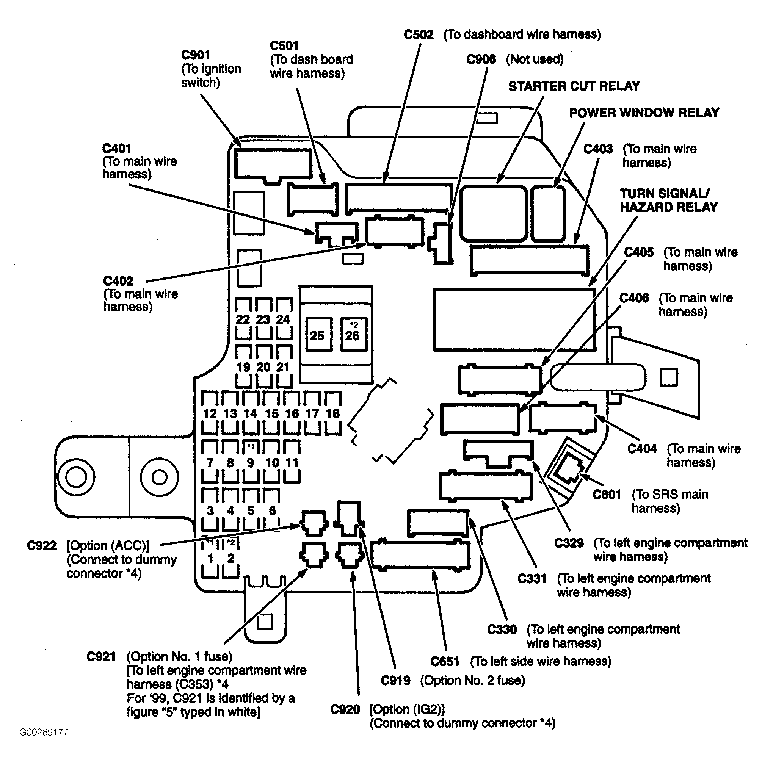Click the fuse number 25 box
318,335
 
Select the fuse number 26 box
353,335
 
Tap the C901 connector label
196,55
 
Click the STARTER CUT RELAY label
574,86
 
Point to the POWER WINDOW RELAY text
644,113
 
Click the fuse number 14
251,413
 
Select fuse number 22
243,319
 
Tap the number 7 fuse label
210,462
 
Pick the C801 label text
607,494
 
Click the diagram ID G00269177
44,732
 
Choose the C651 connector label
445,662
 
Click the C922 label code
42,546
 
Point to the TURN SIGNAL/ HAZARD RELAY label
669,200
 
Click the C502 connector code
419,35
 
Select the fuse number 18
333,413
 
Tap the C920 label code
345,709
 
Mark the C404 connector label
642,449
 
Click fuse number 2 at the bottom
230,558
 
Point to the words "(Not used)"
535,59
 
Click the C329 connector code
569,543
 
